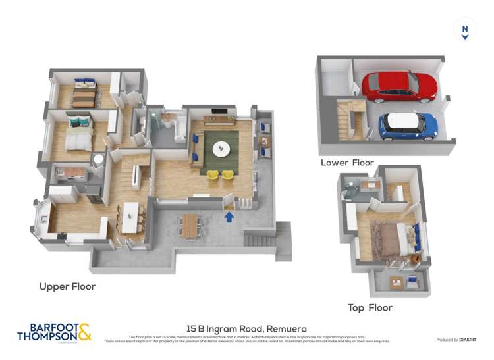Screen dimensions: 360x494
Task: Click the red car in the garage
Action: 399,86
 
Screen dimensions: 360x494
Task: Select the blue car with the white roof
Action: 408,125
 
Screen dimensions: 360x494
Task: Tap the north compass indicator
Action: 465,30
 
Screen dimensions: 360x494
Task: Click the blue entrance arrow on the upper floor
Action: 229,215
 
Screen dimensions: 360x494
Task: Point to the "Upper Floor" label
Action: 67,286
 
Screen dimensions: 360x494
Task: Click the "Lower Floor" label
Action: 347,162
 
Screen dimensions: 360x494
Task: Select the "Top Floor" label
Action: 370,307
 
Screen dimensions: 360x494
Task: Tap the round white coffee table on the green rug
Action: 220,149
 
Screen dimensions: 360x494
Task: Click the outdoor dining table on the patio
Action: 191,226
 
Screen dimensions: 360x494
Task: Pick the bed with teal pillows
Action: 78,134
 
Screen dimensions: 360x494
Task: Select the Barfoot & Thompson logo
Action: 53,332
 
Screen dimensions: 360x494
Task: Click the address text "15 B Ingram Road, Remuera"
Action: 246,328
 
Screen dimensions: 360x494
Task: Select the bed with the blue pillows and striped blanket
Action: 84,95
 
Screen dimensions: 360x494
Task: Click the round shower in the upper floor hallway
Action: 99,159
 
